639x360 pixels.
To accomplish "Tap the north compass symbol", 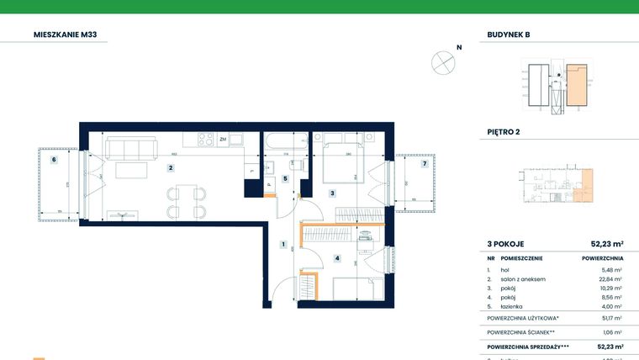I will coord(443,62).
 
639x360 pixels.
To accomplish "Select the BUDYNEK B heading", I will coord(509,35).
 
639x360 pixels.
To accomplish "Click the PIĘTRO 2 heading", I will coord(504,132).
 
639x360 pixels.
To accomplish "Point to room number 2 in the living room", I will coord(171,167).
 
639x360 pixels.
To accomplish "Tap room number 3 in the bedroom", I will coord(332,193).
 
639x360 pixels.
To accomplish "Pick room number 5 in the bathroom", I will coord(285,178).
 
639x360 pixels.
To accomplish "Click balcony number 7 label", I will coord(425,163).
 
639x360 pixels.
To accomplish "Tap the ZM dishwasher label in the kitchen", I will coord(223,139).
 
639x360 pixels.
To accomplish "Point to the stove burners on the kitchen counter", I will coord(204,139).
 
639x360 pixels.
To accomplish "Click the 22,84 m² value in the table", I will coord(611,279).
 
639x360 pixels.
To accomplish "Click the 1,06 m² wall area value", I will coord(612,332).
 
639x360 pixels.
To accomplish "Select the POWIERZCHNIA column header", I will coord(601,259).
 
